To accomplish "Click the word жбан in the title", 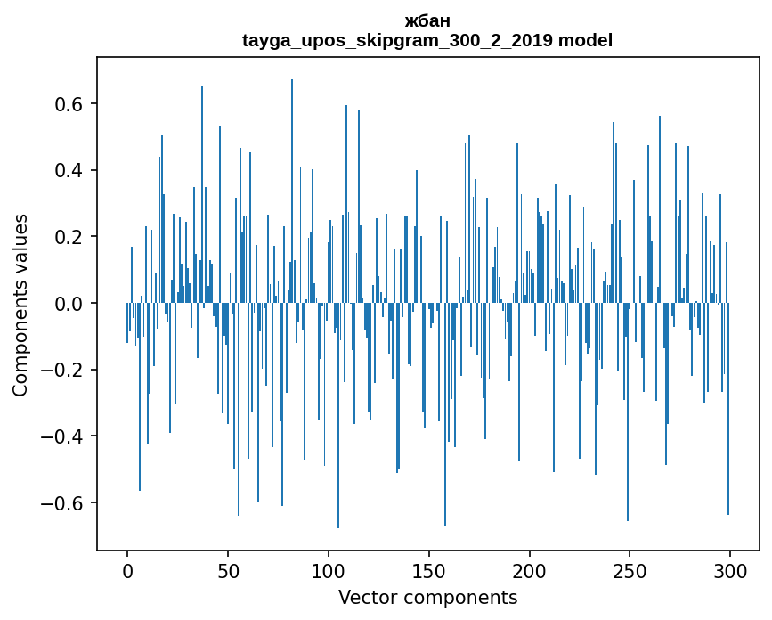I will pyautogui.click(x=427, y=21).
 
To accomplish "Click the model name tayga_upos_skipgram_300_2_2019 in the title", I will pyautogui.click(x=397, y=40).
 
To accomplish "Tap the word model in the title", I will pyautogui.click(x=585, y=40).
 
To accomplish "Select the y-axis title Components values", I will pyautogui.click(x=20, y=304).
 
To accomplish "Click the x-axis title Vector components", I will pyautogui.click(x=427, y=597).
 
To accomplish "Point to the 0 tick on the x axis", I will pyautogui.click(x=127, y=570).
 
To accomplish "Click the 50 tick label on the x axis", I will pyautogui.click(x=228, y=570).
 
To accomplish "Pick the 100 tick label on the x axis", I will pyautogui.click(x=329, y=570).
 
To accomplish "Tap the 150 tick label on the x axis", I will pyautogui.click(x=428, y=570).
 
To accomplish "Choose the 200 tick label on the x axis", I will pyautogui.click(x=529, y=570).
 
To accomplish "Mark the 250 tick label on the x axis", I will pyautogui.click(x=630, y=570).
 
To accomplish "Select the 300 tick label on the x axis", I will pyautogui.click(x=730, y=570).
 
